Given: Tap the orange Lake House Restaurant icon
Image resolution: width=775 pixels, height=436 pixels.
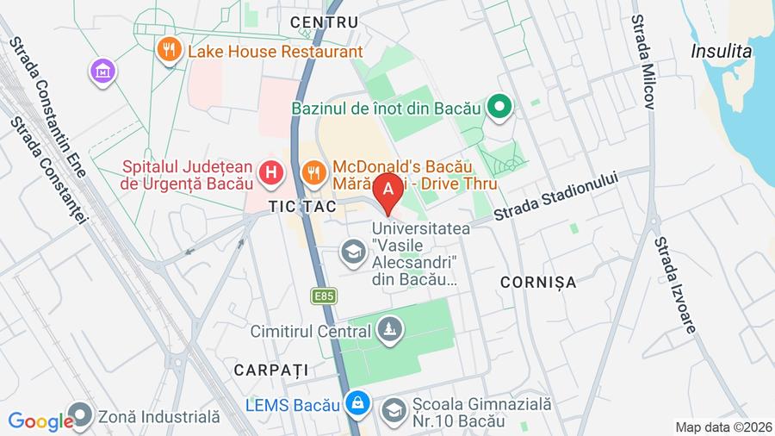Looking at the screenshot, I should coord(169,51).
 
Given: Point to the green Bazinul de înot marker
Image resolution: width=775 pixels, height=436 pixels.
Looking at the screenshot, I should coord(499,108).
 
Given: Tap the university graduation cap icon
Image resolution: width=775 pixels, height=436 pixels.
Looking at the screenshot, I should coord(352,252).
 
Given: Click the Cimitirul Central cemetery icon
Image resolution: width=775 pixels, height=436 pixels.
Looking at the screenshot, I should coord(389,330).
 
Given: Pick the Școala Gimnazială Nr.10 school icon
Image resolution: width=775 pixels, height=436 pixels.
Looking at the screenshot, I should coord(393,411).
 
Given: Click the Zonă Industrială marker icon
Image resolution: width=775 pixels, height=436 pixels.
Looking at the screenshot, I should coord(81,416).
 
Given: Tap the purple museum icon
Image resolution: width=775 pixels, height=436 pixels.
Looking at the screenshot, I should coord(102,72).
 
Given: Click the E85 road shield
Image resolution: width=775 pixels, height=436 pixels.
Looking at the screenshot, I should coord(324,296).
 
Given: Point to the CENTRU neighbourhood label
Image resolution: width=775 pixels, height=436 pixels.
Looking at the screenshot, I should coord(324,22).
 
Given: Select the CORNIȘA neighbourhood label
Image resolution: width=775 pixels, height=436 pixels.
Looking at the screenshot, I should coord(538,282).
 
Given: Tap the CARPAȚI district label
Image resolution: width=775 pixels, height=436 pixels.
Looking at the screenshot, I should coord(270,369).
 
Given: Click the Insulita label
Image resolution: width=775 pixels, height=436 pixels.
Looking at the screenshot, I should coord(721,51).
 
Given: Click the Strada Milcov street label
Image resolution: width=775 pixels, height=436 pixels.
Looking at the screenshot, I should coord(643,60).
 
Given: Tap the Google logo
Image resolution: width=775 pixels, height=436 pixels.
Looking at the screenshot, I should coord(40,421).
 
